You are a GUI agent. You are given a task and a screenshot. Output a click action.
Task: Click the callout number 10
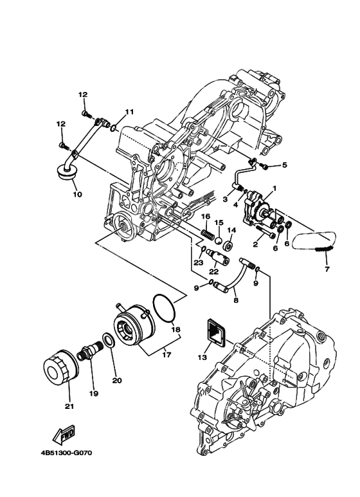point(76,193)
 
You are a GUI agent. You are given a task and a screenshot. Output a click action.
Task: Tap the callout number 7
point(326,268)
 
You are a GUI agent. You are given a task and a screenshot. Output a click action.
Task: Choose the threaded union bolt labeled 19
point(89,353)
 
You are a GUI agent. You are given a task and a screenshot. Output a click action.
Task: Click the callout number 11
point(129,112)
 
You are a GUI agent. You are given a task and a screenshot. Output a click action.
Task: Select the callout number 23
point(198,262)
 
